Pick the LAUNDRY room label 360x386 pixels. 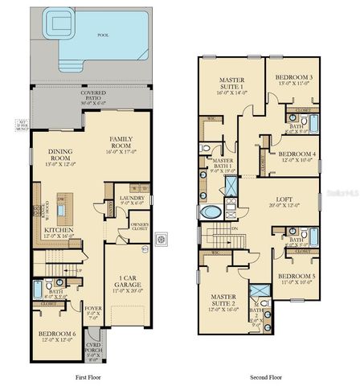click(132, 200)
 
